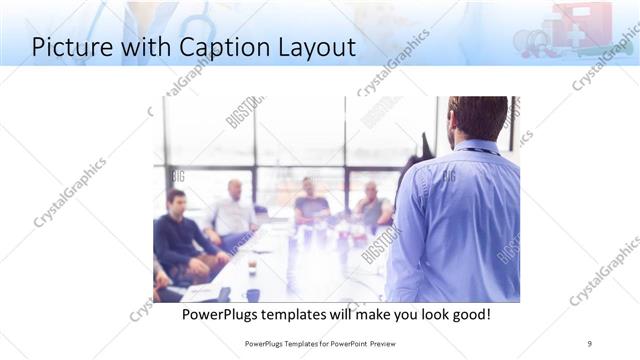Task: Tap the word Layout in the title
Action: [317, 47]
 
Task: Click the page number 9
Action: [589, 343]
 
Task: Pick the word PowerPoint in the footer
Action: [342, 343]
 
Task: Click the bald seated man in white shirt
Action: [233, 210]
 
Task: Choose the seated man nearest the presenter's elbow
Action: [372, 206]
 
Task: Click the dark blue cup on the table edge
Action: [253, 295]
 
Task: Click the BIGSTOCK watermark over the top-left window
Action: [245, 112]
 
